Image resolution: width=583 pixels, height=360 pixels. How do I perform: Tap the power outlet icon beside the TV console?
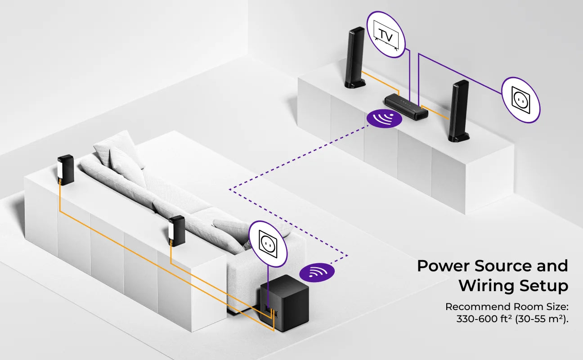click(x=520, y=100)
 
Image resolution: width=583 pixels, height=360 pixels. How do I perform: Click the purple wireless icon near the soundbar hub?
click(x=384, y=118)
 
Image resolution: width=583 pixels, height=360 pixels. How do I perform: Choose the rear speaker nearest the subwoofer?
click(x=176, y=230)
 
